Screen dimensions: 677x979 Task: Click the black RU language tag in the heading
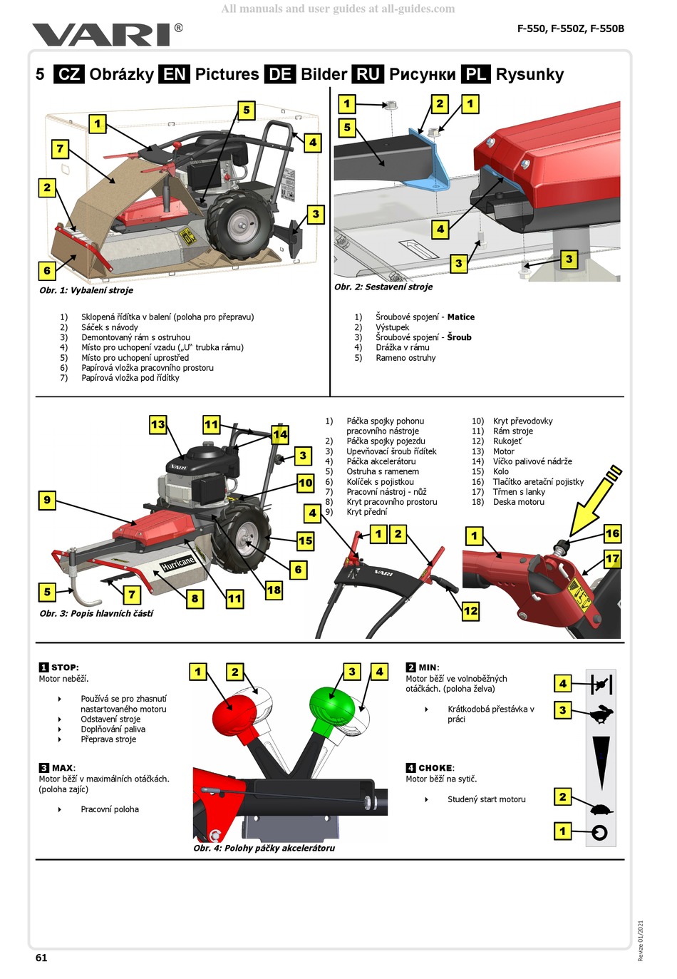click(368, 74)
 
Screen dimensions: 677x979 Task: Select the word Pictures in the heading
click(227, 74)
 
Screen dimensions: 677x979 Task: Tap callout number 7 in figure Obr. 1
click(60, 149)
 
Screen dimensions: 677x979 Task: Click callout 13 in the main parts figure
click(157, 425)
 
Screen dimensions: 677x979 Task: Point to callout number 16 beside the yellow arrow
click(612, 533)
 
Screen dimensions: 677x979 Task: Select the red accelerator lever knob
click(234, 709)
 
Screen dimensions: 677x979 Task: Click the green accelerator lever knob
click(331, 706)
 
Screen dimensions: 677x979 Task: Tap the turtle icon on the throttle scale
click(601, 810)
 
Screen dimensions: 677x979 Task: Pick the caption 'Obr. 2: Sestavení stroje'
click(383, 287)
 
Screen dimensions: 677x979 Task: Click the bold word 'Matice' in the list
click(460, 317)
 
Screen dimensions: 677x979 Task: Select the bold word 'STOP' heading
click(64, 667)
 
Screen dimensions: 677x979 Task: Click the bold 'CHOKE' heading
click(435, 768)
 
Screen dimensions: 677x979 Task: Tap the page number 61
click(41, 958)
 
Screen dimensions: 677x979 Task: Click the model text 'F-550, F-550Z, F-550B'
click(570, 29)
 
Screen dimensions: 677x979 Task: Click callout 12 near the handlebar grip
click(471, 611)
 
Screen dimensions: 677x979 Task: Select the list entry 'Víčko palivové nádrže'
click(532, 461)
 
